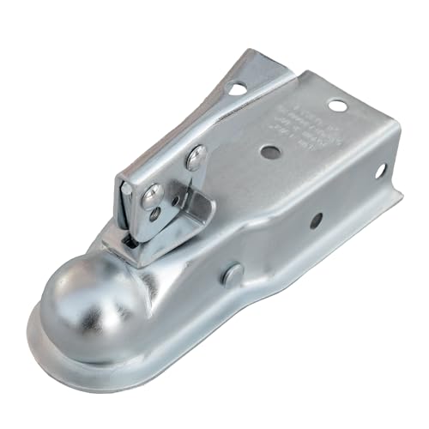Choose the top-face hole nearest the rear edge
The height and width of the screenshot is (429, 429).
(338, 106)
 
